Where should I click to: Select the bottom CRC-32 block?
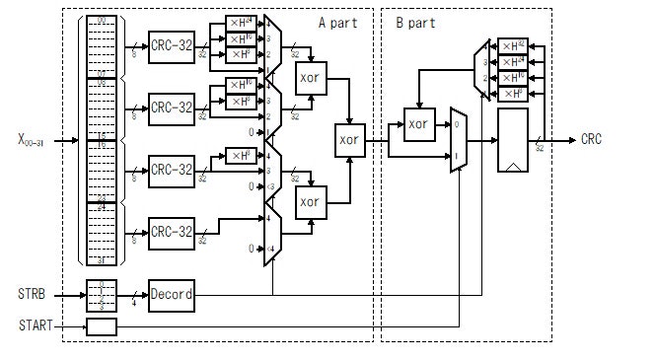tap(172, 232)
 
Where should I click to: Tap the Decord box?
tap(172, 294)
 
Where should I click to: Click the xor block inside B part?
tap(419, 124)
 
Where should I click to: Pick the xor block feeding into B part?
tap(349, 140)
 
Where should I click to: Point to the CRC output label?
tap(592, 140)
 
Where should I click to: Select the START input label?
tap(35, 325)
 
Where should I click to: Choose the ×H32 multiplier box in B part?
tap(513, 45)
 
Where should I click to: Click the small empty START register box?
tap(101, 326)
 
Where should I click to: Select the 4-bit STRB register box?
tap(101, 294)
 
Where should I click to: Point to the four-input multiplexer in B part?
tap(482, 69)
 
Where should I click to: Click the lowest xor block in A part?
tap(311, 201)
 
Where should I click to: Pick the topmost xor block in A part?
tap(311, 78)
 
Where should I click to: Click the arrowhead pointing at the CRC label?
tap(572, 140)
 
